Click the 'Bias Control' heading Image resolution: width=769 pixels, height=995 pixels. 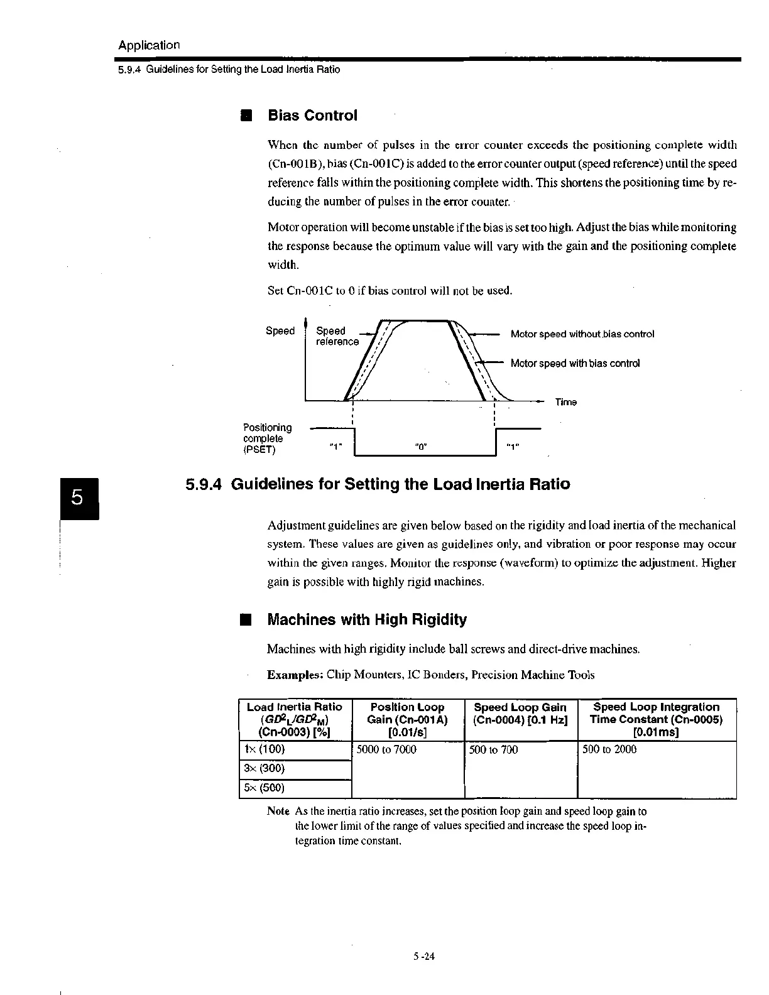click(312, 116)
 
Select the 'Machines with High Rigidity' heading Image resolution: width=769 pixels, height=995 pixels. click(367, 620)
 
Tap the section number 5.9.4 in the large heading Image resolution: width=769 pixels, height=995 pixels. click(205, 484)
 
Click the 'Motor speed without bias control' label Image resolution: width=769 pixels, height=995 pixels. click(582, 334)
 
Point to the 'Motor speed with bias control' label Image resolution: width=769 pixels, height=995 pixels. click(575, 363)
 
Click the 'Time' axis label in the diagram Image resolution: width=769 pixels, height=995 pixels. click(565, 402)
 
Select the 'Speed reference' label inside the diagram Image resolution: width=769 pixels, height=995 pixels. click(337, 336)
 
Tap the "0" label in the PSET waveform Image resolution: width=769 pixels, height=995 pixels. click(422, 446)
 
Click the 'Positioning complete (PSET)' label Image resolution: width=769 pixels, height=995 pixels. click(268, 438)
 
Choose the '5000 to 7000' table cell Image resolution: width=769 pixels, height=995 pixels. click(386, 749)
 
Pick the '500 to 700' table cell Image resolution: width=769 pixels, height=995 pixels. click(494, 749)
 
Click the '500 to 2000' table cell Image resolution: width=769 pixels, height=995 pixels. click(609, 749)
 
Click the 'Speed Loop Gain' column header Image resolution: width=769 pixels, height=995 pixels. click(520, 714)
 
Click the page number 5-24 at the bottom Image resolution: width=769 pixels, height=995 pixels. click(425, 957)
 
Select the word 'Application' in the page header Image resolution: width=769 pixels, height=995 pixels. click(149, 45)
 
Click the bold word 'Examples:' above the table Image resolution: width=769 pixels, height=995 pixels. click(295, 675)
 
